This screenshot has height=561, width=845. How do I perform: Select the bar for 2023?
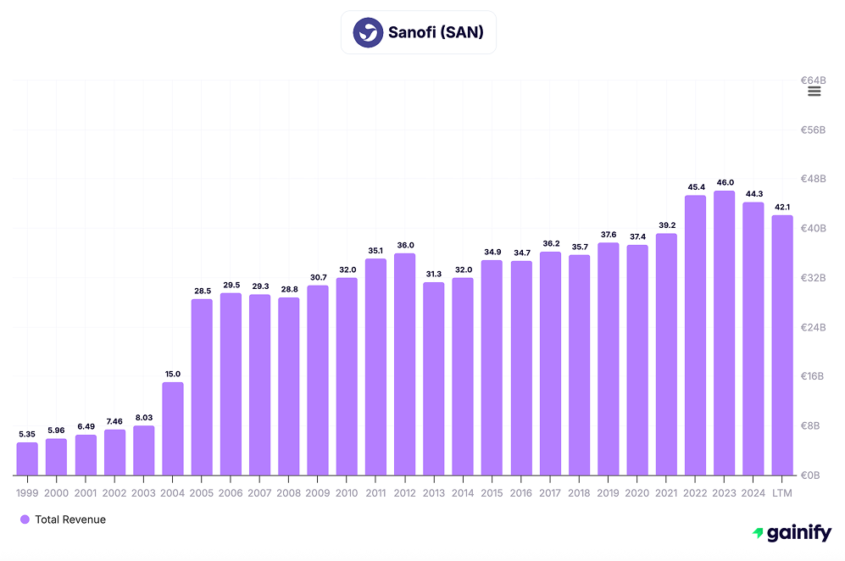tap(724, 332)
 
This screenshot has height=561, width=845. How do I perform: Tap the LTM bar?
tap(782, 345)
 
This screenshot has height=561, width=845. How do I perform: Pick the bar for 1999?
tap(27, 458)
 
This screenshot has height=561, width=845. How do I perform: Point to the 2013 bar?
tap(434, 378)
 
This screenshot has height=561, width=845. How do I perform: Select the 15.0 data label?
tap(173, 374)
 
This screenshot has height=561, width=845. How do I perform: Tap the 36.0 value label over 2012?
tap(405, 245)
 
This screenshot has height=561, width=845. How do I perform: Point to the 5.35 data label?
tap(27, 434)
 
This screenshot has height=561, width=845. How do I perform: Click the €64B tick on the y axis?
tap(813, 81)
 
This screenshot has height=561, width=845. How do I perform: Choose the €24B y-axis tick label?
tap(813, 327)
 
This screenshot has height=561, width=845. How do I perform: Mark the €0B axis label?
tap(815, 475)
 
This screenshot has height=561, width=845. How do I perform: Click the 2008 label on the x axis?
tap(288, 492)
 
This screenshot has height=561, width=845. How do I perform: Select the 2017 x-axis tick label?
tap(550, 492)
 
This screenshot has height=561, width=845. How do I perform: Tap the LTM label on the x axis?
tap(782, 492)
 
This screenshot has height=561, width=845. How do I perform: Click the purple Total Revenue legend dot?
tap(25, 519)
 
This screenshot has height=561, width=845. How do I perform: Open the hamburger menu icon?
tap(814, 92)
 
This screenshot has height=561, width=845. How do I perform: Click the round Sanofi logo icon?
tap(368, 33)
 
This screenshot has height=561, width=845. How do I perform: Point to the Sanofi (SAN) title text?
tap(436, 33)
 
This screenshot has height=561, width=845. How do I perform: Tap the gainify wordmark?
tap(799, 534)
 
